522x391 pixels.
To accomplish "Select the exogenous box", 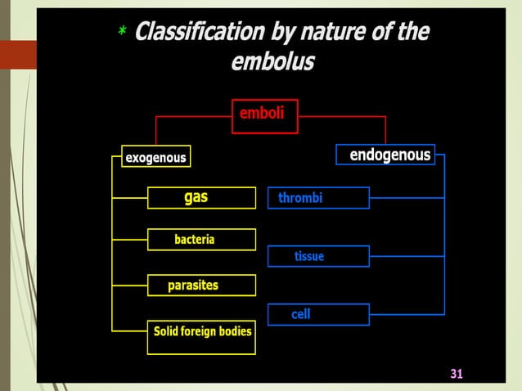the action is [155, 157].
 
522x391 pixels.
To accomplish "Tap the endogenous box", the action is [385, 155].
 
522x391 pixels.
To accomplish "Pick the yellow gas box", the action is [200, 198].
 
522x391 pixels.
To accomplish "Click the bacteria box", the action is [200, 240].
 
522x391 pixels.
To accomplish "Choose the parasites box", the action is [200, 285].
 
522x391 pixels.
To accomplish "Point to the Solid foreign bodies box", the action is [201, 335].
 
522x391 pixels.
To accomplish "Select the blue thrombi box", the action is [318, 198].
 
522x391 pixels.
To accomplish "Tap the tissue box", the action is [318, 257].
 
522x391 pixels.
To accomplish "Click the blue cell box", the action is [318, 314].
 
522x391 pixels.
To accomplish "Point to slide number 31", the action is [457, 374].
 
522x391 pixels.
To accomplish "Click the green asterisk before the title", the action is [121, 33].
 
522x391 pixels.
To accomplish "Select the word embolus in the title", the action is [272, 62].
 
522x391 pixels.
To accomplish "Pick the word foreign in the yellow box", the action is [201, 330].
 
